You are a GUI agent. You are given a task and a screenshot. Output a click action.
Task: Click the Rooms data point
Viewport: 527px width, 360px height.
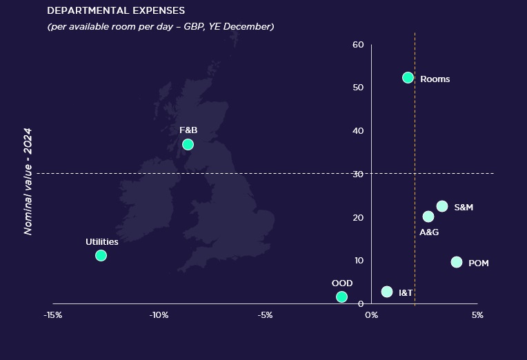click(x=408, y=78)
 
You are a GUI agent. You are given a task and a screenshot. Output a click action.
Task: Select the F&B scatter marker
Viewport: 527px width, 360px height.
click(x=188, y=145)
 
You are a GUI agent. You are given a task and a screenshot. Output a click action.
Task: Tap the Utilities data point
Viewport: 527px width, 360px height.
click(x=101, y=256)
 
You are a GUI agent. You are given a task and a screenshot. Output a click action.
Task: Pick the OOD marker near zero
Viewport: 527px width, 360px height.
click(x=341, y=297)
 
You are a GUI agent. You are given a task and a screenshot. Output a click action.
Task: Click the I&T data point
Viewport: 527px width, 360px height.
click(x=387, y=292)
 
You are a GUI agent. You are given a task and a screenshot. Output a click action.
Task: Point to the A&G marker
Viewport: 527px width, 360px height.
click(x=428, y=217)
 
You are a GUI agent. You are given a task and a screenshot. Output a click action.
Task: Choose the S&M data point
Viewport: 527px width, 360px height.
click(x=442, y=206)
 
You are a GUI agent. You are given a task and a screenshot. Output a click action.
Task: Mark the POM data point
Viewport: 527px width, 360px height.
click(x=457, y=262)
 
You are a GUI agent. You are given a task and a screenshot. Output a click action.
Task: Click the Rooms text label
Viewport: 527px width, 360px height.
click(x=435, y=79)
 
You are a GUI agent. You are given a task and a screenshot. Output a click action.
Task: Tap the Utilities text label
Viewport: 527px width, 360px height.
click(x=102, y=242)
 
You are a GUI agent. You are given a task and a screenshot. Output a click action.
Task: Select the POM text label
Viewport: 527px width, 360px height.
click(x=478, y=263)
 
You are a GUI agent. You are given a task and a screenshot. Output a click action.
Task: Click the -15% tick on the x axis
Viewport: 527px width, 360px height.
click(x=53, y=315)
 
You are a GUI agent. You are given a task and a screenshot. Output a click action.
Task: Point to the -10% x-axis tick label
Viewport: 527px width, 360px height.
click(x=159, y=315)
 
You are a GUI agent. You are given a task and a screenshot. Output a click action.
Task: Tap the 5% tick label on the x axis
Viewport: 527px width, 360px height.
click(x=477, y=315)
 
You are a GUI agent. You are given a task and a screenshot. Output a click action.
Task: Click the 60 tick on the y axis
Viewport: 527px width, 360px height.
click(x=357, y=45)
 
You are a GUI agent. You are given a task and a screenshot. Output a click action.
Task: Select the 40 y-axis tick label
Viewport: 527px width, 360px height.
click(x=357, y=131)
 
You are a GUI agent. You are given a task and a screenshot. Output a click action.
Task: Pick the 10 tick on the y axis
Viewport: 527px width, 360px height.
click(x=357, y=261)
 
